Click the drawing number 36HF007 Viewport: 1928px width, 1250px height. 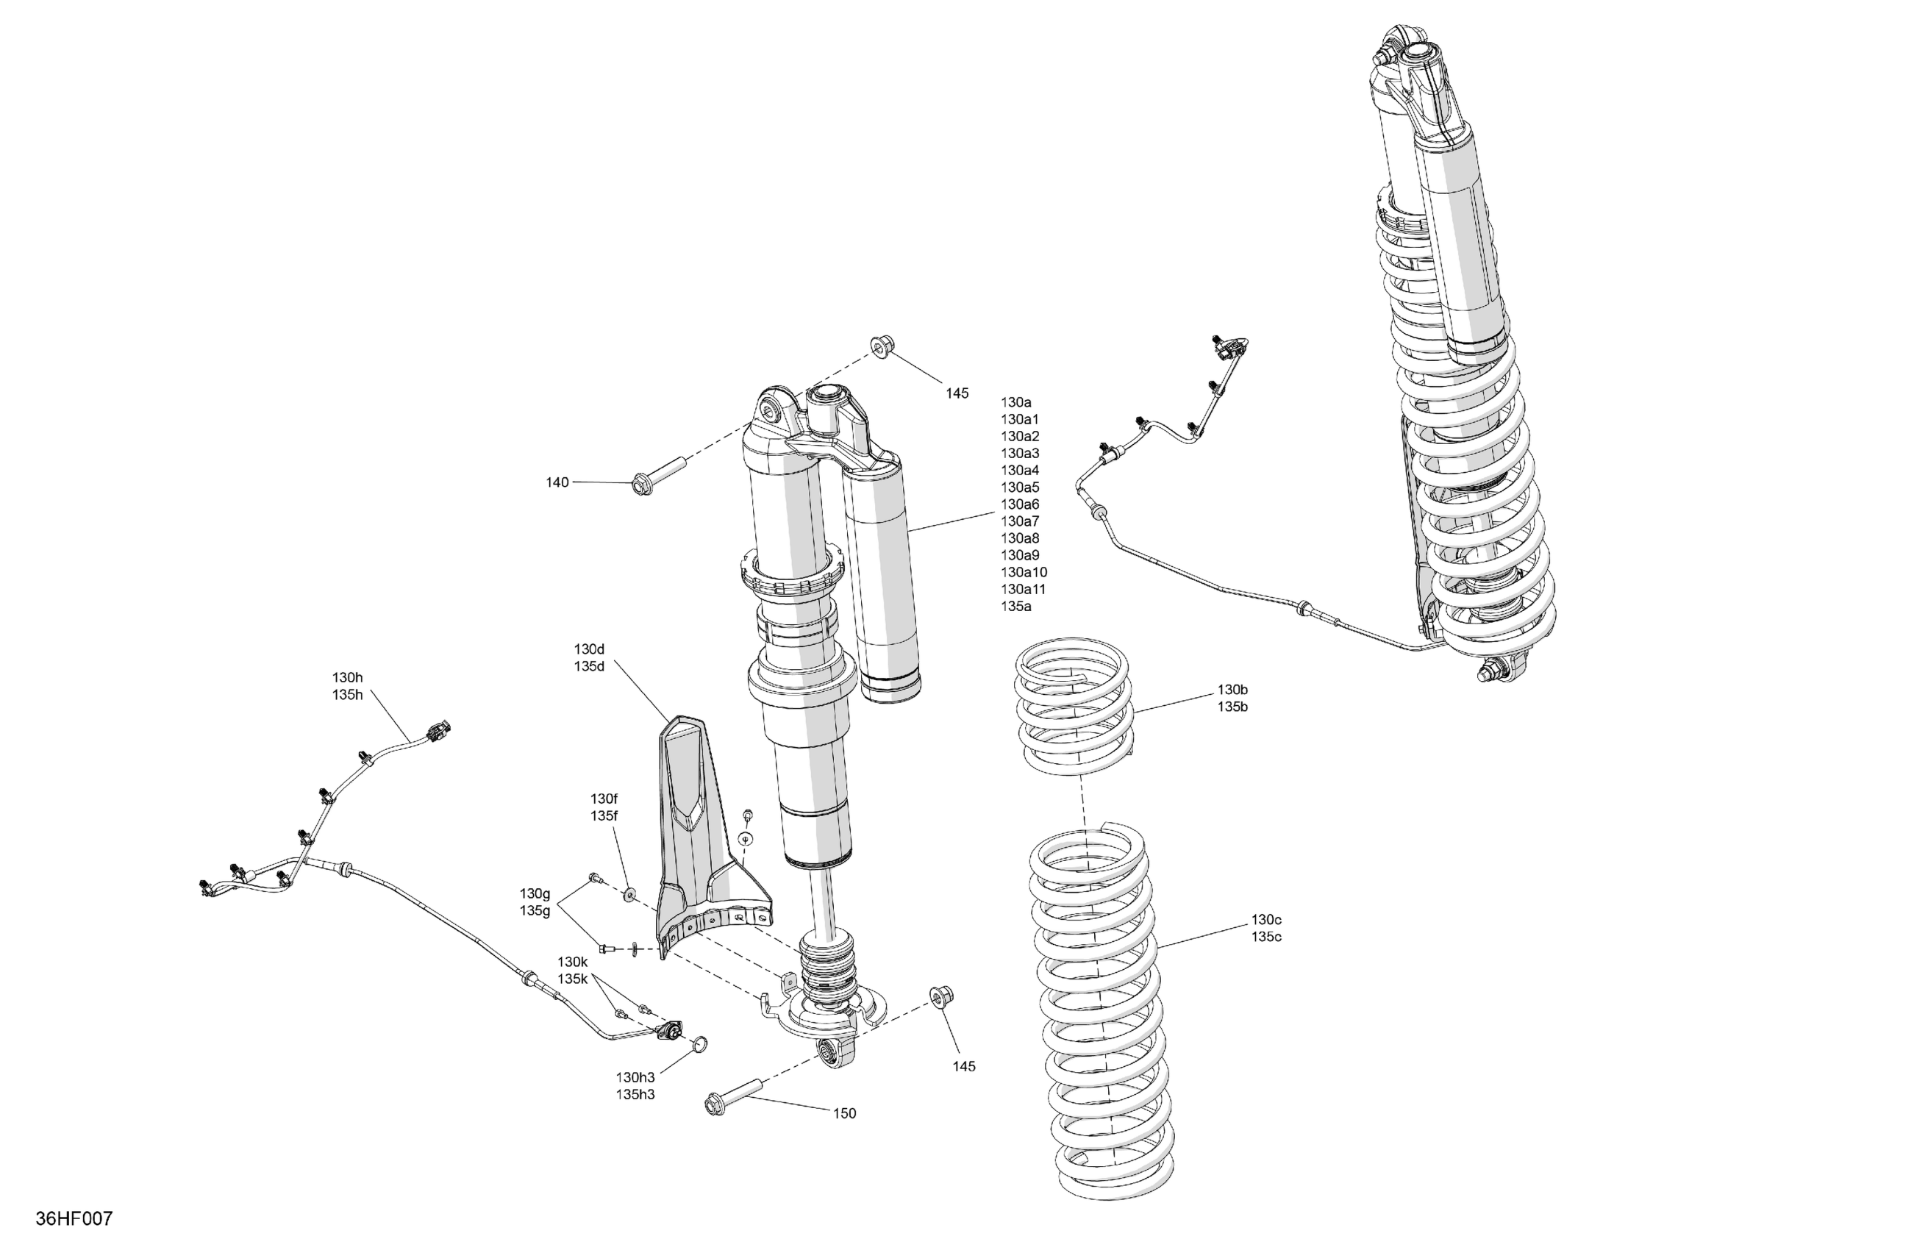point(74,1218)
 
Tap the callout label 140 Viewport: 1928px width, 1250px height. point(557,483)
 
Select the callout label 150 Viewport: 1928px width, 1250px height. point(844,1114)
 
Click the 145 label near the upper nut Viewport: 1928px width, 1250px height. point(957,393)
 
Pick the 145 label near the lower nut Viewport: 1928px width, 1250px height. point(963,1067)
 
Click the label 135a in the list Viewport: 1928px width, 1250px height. point(1016,607)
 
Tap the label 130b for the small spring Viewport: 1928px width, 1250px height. point(1232,690)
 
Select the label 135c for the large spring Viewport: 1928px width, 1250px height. point(1266,938)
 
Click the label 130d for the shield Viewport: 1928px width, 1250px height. point(589,650)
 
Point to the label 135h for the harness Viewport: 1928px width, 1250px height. point(347,695)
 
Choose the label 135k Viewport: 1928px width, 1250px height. point(572,979)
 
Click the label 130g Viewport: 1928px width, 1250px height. point(535,893)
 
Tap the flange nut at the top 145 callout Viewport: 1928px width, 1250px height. point(881,347)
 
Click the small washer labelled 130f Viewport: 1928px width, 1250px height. point(629,894)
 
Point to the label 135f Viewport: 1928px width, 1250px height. point(604,817)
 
